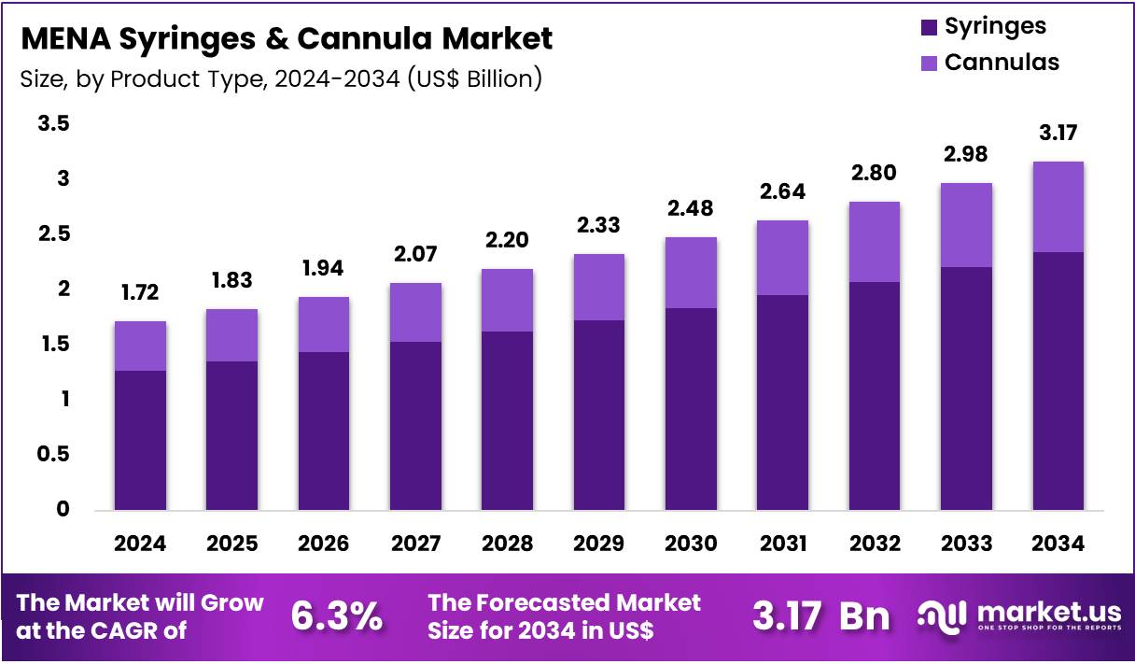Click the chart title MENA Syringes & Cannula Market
287,38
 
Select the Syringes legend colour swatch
929,27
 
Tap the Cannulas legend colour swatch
929,64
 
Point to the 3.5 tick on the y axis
53,123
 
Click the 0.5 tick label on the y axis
53,455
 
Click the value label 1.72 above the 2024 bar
140,293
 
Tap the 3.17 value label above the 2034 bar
1058,133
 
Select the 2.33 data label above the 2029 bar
598,225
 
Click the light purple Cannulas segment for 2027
415,312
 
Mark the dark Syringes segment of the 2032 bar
875,396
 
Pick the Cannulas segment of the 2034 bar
1058,206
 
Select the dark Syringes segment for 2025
231,435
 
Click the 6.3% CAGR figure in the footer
337,616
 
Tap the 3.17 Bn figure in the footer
820,616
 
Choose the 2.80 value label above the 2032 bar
875,173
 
